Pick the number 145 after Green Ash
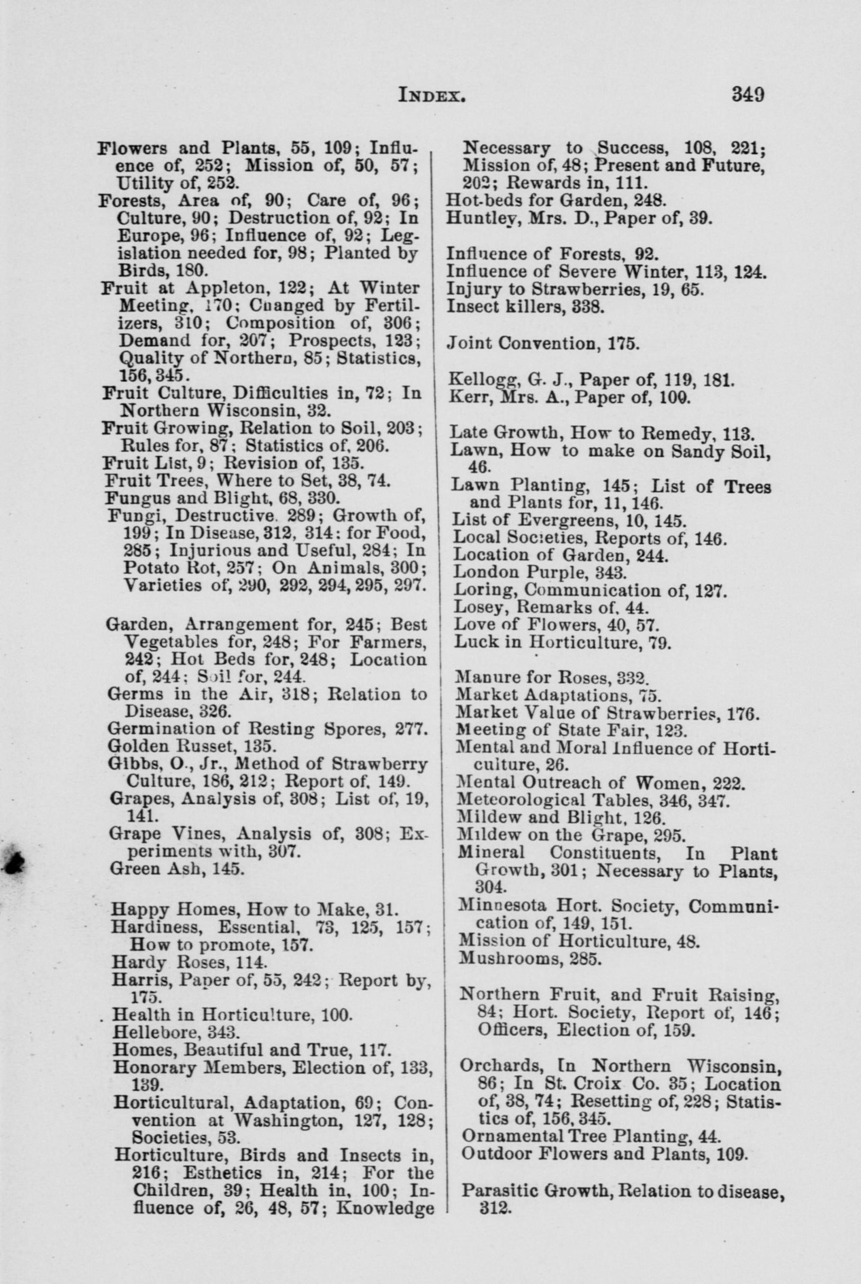click(x=227, y=869)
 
